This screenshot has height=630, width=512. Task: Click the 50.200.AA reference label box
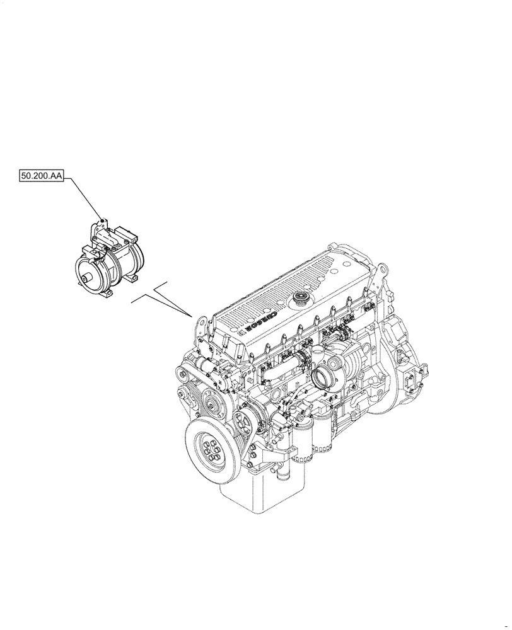pyautogui.click(x=42, y=178)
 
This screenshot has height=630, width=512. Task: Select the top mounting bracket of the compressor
pyautogui.click(x=100, y=228)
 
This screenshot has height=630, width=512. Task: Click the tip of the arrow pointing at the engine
pyautogui.click(x=192, y=314)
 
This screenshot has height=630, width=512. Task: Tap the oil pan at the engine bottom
pyautogui.click(x=265, y=491)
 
